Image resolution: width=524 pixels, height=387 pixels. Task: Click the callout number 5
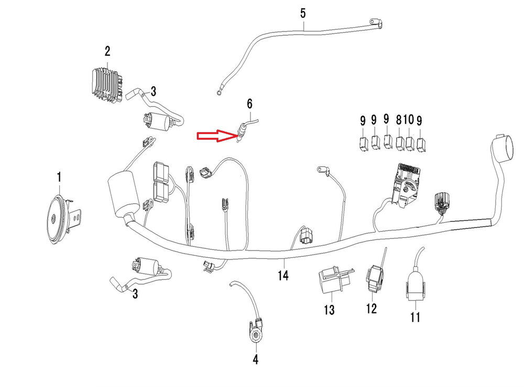(x=303, y=12)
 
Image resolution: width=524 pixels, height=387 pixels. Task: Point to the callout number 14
(x=283, y=275)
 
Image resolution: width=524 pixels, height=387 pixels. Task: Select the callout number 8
(x=400, y=120)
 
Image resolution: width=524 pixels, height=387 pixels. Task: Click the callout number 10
(x=409, y=120)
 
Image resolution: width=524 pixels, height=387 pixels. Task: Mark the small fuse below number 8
(x=401, y=142)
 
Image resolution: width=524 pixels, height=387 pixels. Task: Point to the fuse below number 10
(x=410, y=142)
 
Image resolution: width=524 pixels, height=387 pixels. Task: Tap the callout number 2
(x=107, y=51)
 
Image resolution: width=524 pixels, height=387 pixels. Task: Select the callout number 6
(x=250, y=103)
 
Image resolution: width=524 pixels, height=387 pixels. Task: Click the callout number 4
(x=256, y=360)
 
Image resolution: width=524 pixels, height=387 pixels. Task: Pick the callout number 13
(x=329, y=310)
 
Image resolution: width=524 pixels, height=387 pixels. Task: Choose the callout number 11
(x=415, y=317)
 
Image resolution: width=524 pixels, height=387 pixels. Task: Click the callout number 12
(x=371, y=308)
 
